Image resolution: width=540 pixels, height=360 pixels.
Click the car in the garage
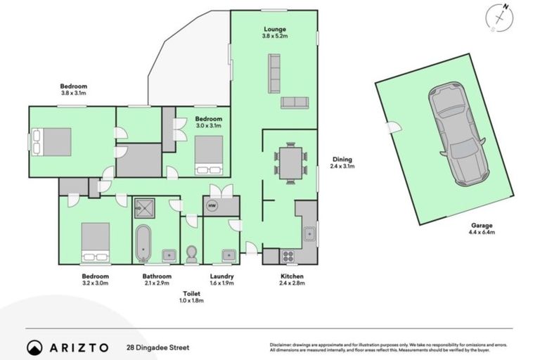click(x=458, y=134)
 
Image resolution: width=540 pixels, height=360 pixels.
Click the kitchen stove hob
click(x=288, y=256)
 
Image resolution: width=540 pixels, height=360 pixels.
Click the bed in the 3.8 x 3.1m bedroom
click(x=52, y=141)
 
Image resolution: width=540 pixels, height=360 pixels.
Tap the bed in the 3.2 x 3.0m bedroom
click(x=95, y=242)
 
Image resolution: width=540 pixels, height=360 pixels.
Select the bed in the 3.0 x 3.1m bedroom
click(x=209, y=154)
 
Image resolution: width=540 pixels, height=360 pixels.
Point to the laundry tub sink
click(x=228, y=255)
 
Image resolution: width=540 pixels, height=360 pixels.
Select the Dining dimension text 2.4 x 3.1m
click(x=342, y=167)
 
